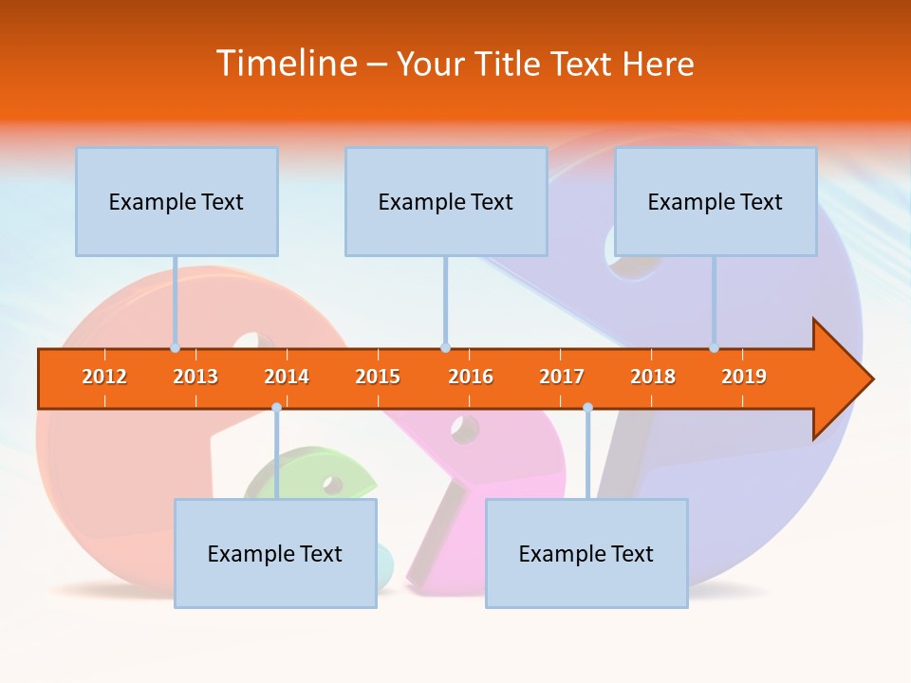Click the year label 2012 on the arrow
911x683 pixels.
click(x=104, y=377)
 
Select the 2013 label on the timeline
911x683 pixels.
click(x=195, y=377)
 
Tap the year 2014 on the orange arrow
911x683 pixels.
click(x=287, y=377)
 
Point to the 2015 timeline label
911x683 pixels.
click(x=378, y=377)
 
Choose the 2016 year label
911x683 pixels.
click(x=471, y=377)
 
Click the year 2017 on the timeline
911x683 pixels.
click(x=562, y=377)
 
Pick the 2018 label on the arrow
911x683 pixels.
click(x=653, y=377)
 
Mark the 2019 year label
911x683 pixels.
click(x=744, y=377)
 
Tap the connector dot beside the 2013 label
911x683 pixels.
click(x=175, y=347)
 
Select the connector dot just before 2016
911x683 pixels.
click(x=445, y=347)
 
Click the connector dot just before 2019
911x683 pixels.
click(x=714, y=347)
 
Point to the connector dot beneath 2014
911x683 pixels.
click(x=276, y=408)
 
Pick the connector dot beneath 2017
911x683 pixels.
click(x=587, y=408)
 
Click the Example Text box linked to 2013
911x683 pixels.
click(x=177, y=201)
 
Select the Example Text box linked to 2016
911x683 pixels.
click(x=446, y=201)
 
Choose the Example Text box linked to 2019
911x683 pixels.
click(x=716, y=201)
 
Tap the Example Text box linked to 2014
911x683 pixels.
click(x=275, y=553)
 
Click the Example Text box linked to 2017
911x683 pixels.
click(x=586, y=553)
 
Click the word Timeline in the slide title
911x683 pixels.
click(x=286, y=64)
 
